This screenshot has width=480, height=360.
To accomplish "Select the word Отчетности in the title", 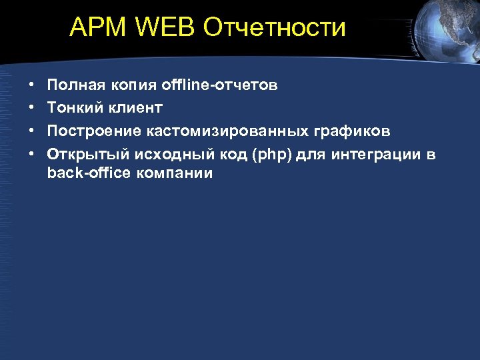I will pyautogui.click(x=275, y=28).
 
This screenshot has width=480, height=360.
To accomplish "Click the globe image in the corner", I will pyautogui.click(x=447, y=27).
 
